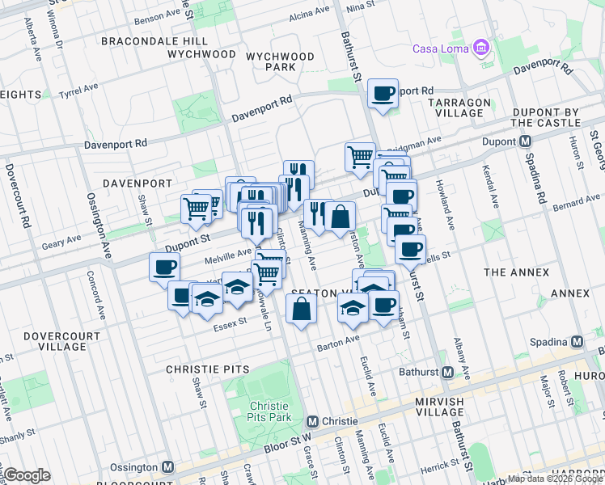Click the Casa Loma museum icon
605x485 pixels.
[482, 48]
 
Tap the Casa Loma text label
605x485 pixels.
[442, 48]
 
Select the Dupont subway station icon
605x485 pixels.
[526, 141]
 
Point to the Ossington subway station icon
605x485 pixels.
[168, 467]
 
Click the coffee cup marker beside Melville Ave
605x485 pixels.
[165, 267]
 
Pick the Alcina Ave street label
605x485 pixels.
[310, 12]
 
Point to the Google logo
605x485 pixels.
[27, 474]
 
